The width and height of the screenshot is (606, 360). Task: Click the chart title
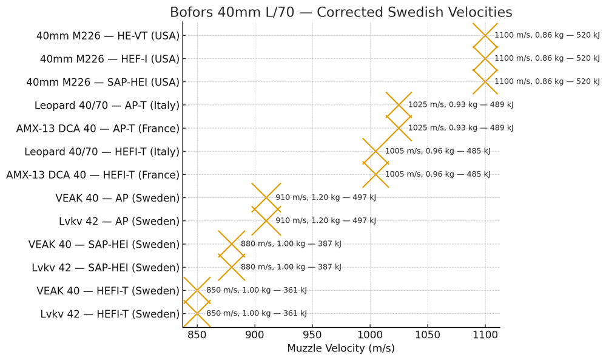click(340, 12)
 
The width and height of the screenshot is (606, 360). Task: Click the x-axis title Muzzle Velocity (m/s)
click(340, 348)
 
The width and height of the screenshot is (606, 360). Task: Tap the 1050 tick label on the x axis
click(428, 335)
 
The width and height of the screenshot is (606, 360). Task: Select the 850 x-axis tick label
click(197, 335)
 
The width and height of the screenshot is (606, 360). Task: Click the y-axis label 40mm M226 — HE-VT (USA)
click(108, 36)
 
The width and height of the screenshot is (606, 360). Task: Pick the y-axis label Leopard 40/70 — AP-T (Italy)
click(107, 106)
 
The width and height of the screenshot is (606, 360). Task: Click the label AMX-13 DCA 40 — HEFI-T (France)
click(93, 175)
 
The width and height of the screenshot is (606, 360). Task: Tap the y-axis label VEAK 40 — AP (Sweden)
click(118, 198)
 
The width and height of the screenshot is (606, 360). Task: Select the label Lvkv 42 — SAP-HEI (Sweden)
click(106, 268)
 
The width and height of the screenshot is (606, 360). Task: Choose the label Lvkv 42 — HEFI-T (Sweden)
click(110, 314)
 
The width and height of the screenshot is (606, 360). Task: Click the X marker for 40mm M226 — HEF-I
click(485, 59)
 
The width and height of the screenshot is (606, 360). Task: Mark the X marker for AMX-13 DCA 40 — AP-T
click(399, 128)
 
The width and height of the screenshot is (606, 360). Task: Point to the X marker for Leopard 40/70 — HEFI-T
click(375, 151)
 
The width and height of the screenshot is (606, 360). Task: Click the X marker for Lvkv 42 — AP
click(266, 221)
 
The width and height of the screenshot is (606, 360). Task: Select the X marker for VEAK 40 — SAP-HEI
click(232, 244)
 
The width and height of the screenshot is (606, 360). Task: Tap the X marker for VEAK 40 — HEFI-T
click(197, 290)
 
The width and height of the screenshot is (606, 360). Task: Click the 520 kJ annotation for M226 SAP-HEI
click(547, 82)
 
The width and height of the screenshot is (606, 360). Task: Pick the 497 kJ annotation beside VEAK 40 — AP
click(326, 198)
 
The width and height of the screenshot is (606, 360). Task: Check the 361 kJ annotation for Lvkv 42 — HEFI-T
click(256, 314)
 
